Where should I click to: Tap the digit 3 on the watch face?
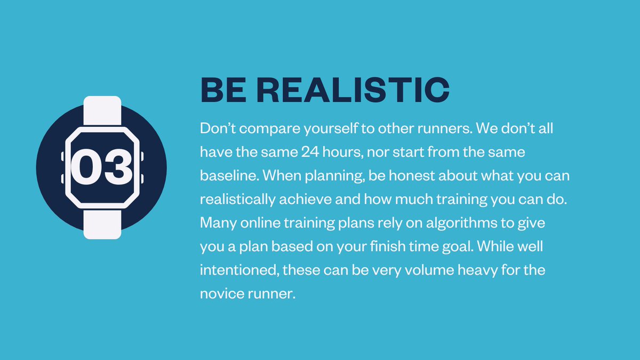[117, 167]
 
